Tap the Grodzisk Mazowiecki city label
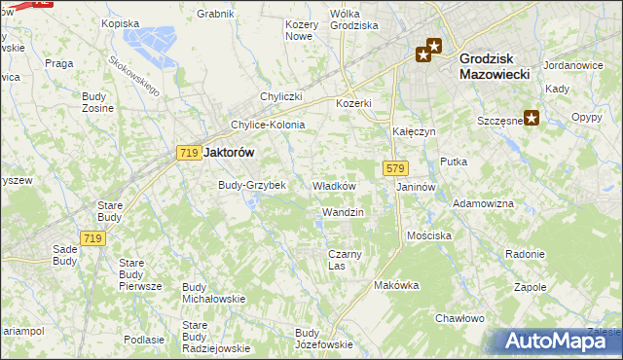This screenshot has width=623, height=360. [493, 65]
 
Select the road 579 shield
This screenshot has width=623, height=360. [394, 168]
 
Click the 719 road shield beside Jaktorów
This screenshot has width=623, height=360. [189, 153]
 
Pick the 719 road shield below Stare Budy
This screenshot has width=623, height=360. [93, 238]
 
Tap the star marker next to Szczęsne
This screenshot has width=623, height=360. [532, 119]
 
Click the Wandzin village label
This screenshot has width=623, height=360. [343, 212]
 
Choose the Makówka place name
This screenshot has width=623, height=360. [396, 286]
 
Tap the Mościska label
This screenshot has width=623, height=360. [429, 236]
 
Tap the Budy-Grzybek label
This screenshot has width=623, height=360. [251, 185]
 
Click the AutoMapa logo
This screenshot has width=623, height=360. [557, 342]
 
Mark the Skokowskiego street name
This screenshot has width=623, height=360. [134, 74]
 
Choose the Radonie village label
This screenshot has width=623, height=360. [525, 254]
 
